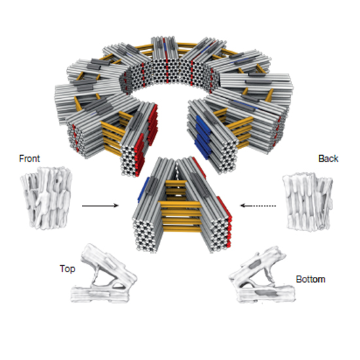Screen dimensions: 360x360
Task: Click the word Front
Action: click(x=29, y=158)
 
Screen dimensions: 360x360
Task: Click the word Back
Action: click(x=329, y=158)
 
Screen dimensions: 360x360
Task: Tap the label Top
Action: click(x=67, y=269)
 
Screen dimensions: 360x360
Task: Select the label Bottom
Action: click(x=311, y=279)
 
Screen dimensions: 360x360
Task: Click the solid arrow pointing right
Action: click(x=100, y=206)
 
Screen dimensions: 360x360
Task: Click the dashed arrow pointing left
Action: click(x=258, y=206)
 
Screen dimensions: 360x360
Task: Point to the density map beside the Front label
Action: click(x=46, y=198)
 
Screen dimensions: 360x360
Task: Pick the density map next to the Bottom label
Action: click(x=262, y=275)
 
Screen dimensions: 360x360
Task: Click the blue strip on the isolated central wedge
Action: click(x=143, y=189)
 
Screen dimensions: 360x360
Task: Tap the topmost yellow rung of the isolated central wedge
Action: click(x=176, y=183)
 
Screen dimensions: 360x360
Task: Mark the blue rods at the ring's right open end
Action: click(x=203, y=137)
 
